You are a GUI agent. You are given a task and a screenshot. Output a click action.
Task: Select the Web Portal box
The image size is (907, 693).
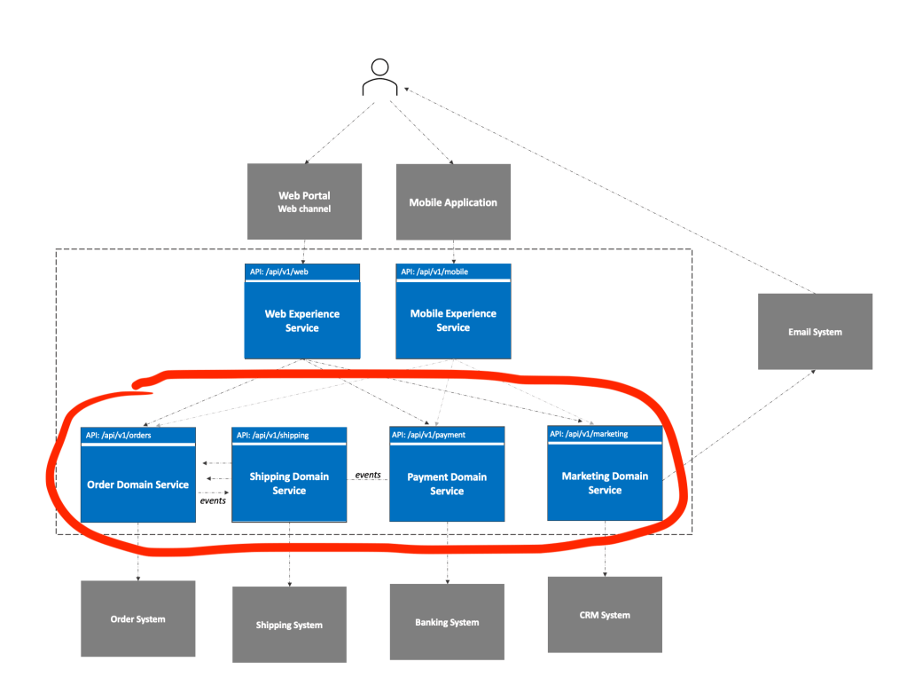tap(304, 201)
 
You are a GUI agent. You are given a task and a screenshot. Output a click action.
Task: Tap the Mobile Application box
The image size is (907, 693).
tap(453, 202)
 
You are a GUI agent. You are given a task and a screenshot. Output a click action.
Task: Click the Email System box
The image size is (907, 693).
tap(815, 332)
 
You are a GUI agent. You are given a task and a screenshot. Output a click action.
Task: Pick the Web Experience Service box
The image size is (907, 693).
tap(302, 319)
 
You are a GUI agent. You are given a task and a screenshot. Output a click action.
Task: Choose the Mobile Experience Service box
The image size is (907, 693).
tap(453, 319)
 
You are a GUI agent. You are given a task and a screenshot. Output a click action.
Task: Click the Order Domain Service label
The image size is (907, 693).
tap(137, 484)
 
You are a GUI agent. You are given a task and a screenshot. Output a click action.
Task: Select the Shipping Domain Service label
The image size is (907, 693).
tap(289, 484)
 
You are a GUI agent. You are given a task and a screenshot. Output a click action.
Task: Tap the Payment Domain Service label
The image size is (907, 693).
tap(447, 484)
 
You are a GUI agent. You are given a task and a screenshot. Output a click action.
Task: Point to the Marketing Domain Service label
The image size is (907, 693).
tap(605, 483)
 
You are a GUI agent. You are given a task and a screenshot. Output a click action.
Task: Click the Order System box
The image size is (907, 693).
tap(137, 618)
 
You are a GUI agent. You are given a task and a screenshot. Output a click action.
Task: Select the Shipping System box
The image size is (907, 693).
tap(289, 625)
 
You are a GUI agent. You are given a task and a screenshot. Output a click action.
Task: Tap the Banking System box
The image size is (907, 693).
tap(447, 622)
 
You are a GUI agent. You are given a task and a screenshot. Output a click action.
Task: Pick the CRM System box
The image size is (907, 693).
tap(605, 615)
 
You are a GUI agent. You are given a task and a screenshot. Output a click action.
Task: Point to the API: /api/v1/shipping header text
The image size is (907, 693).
tap(272, 435)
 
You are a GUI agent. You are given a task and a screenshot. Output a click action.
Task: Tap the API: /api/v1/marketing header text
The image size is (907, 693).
tap(589, 434)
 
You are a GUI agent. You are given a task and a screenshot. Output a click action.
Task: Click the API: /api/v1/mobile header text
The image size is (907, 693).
tap(434, 272)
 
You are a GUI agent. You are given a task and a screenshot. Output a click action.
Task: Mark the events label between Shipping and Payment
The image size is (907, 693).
tap(368, 475)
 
